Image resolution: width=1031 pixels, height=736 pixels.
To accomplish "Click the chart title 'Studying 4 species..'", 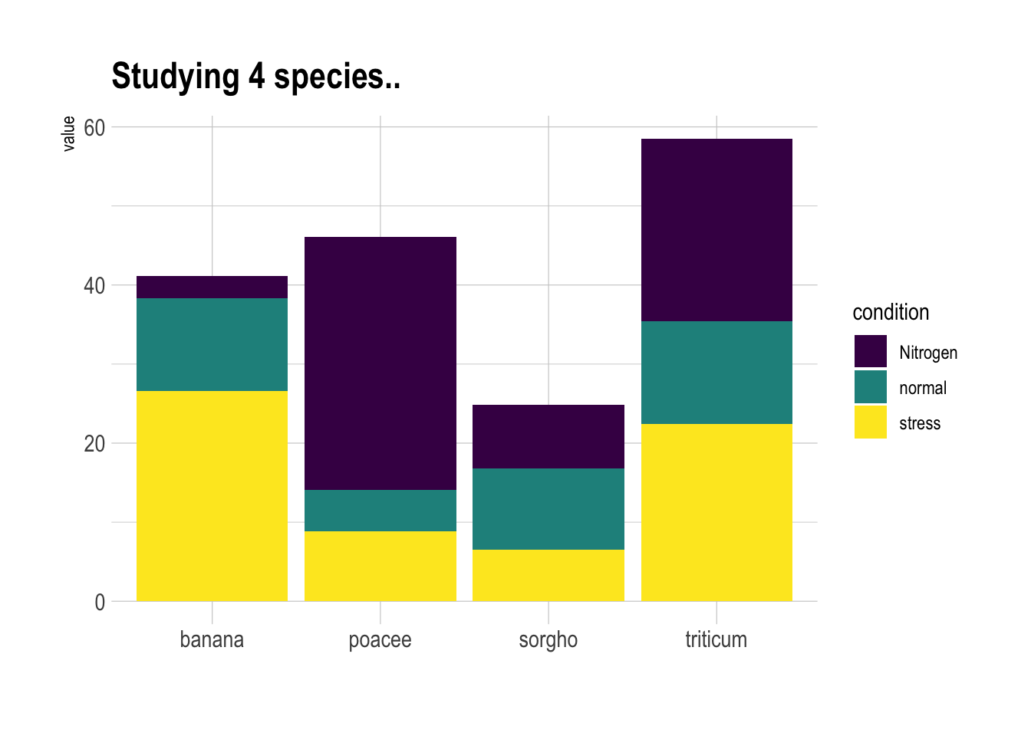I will pos(255,77).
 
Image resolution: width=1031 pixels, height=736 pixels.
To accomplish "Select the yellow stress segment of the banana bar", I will pos(212,495).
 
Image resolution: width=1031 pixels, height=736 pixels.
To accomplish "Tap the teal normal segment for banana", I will pos(212,344).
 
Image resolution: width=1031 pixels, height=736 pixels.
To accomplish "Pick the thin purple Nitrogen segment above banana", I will pos(212,287).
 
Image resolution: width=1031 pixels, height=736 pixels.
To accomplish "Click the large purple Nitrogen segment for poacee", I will pos(380,363).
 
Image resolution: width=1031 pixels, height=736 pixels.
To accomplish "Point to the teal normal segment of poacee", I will pos(380,510).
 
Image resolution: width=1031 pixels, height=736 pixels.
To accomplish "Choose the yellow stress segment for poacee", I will pos(380,566).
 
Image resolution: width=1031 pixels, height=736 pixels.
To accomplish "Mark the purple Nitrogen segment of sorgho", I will pos(548,436).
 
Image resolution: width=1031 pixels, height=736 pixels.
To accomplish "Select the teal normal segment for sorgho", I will pos(548,508).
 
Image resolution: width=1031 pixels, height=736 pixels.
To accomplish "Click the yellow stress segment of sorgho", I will pos(548,575).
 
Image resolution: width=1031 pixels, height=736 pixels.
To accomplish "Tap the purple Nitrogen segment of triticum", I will pos(716,230).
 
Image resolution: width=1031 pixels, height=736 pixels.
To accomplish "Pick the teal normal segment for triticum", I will pos(716,373).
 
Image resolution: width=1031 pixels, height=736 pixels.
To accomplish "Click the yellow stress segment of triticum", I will pos(716,512).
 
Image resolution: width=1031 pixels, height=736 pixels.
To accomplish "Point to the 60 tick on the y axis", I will pos(94,127).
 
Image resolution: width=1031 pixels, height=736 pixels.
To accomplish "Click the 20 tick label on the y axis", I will pos(94,444).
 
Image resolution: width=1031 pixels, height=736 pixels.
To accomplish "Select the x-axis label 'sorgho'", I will pos(548,639).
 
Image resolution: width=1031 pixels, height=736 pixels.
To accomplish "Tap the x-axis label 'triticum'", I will pos(716,639).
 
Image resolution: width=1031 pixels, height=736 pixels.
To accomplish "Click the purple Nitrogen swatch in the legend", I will pos(870,352).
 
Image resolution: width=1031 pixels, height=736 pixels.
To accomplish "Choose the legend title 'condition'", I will pos(891,312).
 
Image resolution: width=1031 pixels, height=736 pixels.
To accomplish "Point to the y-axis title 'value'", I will pos(68,133).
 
